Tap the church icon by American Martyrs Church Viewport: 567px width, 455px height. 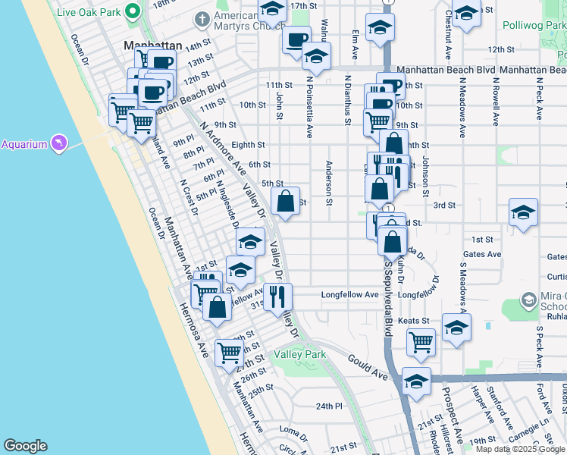(x=202, y=17)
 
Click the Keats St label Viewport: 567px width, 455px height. (x=414, y=321)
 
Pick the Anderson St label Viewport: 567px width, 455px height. (x=329, y=183)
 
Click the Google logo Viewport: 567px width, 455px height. (x=25, y=446)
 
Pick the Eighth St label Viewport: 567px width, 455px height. (x=248, y=144)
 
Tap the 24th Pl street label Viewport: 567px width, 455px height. (x=330, y=406)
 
